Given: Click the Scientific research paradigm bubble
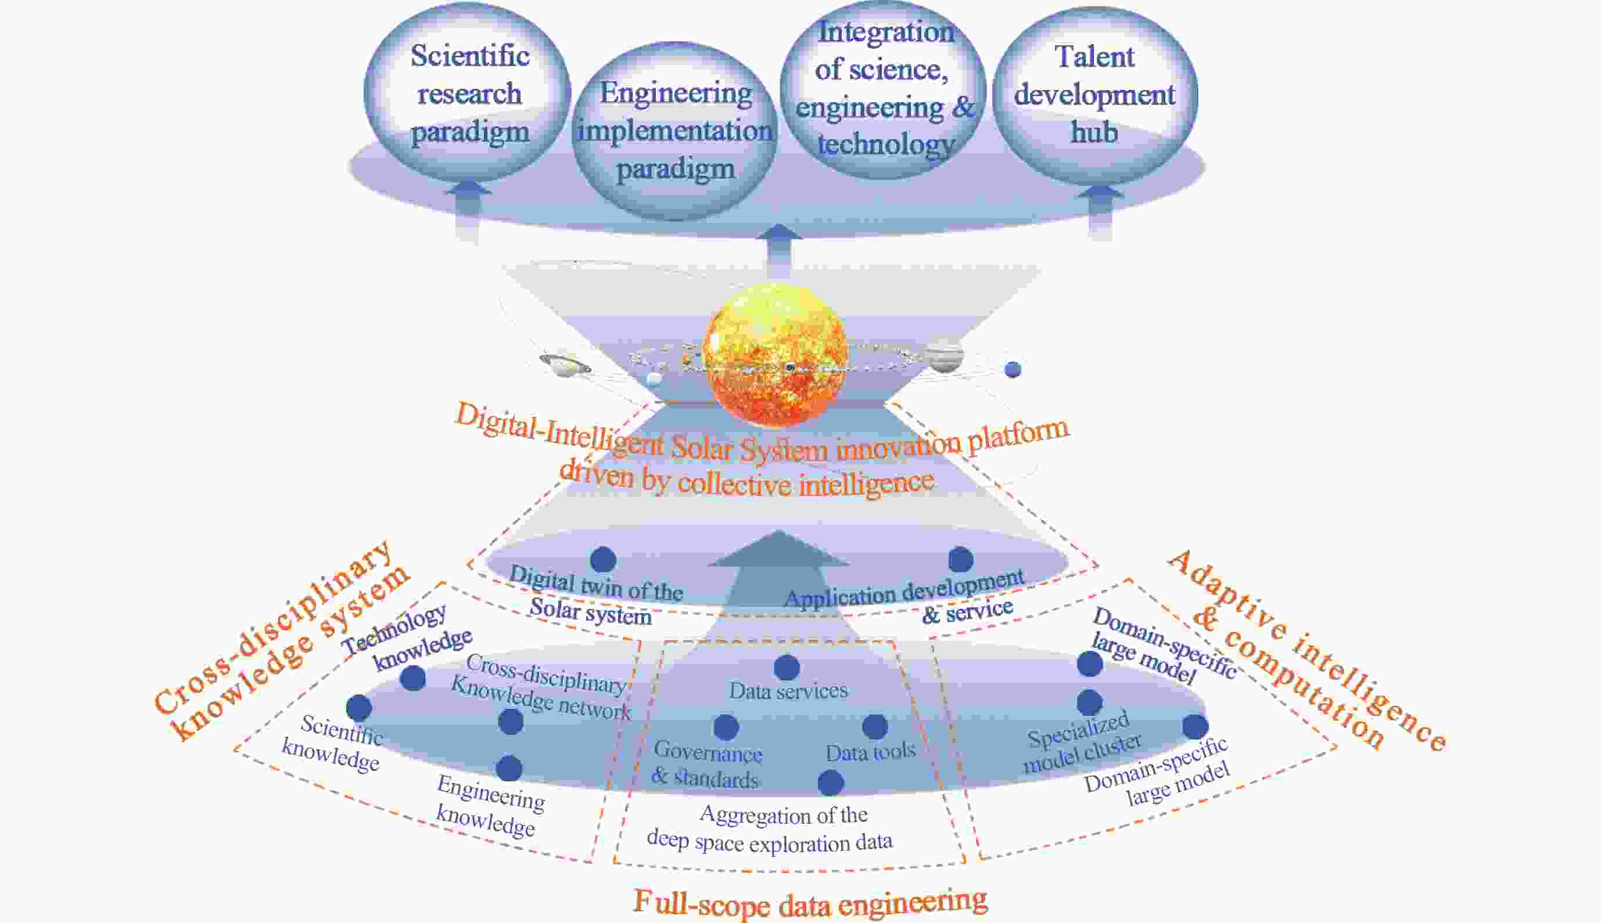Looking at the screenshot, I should pos(468,94).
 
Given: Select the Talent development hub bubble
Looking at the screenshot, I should pos(1094,95).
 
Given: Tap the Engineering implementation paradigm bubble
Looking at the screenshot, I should pos(675,131).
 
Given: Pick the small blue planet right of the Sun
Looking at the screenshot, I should pos(1013,369).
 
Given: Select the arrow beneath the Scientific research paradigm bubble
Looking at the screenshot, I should pos(468,209).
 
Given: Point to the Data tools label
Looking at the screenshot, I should pos(870,752).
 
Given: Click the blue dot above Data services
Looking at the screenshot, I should pos(787,667).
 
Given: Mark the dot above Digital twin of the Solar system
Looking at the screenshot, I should pos(602,559).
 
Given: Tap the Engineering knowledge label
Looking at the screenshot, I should pos(489,806).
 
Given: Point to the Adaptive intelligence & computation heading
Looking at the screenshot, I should pos(1306,653).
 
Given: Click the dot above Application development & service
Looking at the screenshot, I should pos(960,559).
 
